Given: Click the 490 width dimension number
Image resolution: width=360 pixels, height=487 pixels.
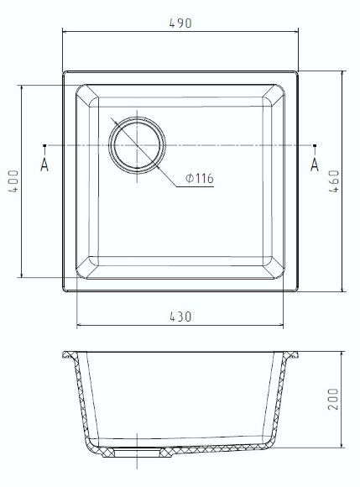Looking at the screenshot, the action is [180, 24].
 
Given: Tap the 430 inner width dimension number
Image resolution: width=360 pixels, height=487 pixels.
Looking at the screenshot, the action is [180, 317].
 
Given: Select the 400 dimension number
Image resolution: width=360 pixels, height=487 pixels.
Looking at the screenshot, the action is [13, 181].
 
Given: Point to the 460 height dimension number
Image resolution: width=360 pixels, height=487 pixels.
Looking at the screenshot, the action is [334, 181].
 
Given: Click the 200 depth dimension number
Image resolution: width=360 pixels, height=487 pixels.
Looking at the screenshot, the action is [333, 399].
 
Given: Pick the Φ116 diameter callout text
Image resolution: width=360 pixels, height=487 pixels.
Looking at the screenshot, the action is [200, 178].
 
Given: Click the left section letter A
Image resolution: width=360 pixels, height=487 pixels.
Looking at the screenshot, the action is [44, 165].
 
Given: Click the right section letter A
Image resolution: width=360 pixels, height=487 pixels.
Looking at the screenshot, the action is [315, 165].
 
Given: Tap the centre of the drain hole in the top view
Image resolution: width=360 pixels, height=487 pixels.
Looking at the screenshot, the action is [137, 145].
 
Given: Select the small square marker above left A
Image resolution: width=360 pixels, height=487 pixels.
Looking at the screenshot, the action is [44, 145].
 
